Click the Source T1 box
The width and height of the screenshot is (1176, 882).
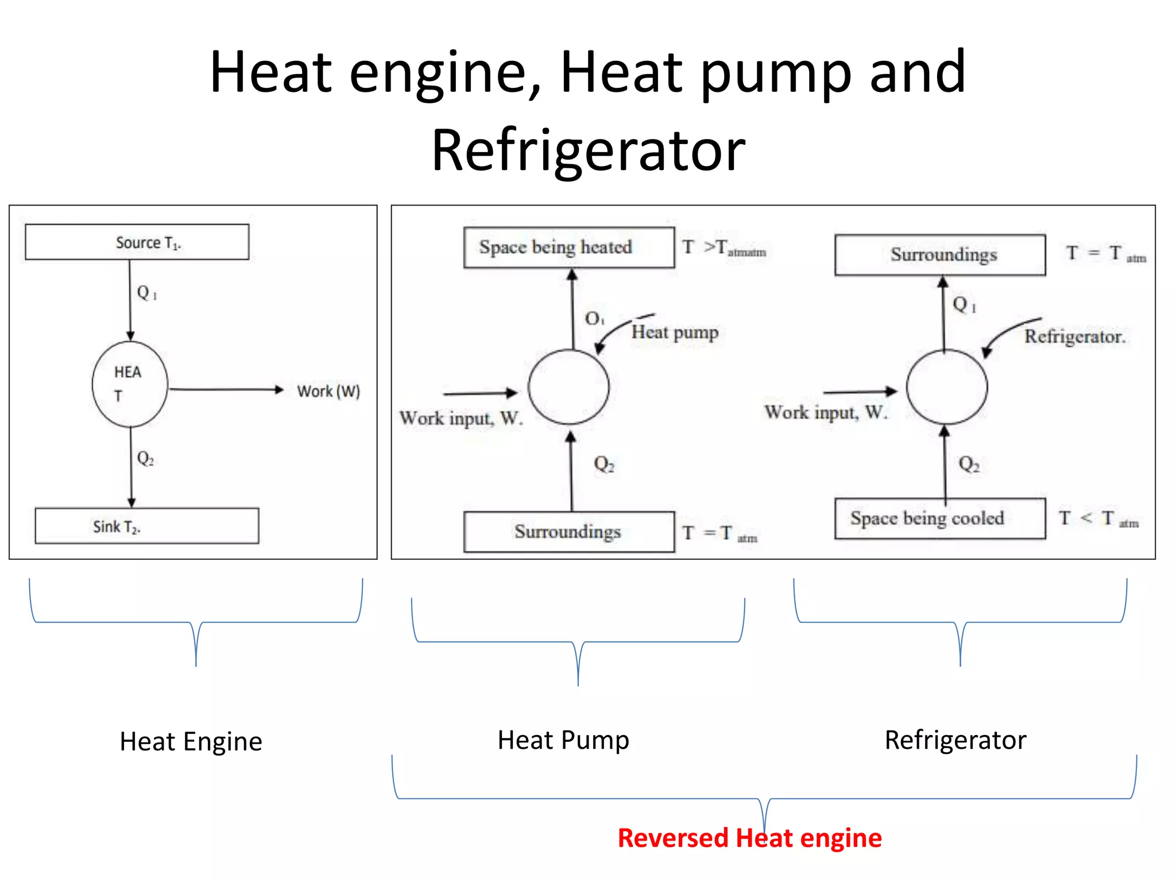[x=137, y=242]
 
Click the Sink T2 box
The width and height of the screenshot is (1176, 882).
[x=146, y=525]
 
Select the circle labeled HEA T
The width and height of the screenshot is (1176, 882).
[x=130, y=384]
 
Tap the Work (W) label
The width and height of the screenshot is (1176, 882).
[x=328, y=391]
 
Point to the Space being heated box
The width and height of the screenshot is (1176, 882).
[x=568, y=247]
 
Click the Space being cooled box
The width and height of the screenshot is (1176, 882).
[x=939, y=519]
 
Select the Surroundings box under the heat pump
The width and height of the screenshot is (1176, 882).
[x=568, y=532]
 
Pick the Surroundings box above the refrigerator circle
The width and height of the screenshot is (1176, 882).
[x=939, y=255]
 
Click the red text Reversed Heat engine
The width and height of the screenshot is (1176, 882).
[x=749, y=838]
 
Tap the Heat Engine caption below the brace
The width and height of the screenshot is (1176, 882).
[x=191, y=741]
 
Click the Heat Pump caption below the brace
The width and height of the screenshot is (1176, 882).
[x=563, y=740]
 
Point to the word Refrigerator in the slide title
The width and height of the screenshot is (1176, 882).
[x=588, y=150]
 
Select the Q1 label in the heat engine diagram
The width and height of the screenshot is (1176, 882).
[x=146, y=293]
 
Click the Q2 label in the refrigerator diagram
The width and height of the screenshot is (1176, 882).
[x=969, y=464]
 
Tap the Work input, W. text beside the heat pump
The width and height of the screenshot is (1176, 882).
[x=461, y=418]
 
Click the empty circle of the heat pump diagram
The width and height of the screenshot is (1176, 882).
[x=568, y=387]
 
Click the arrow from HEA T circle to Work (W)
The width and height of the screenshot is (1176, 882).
[x=227, y=389]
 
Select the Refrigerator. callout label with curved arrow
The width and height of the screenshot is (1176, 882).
[x=1074, y=336]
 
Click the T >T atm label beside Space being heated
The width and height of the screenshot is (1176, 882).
[x=724, y=247]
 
